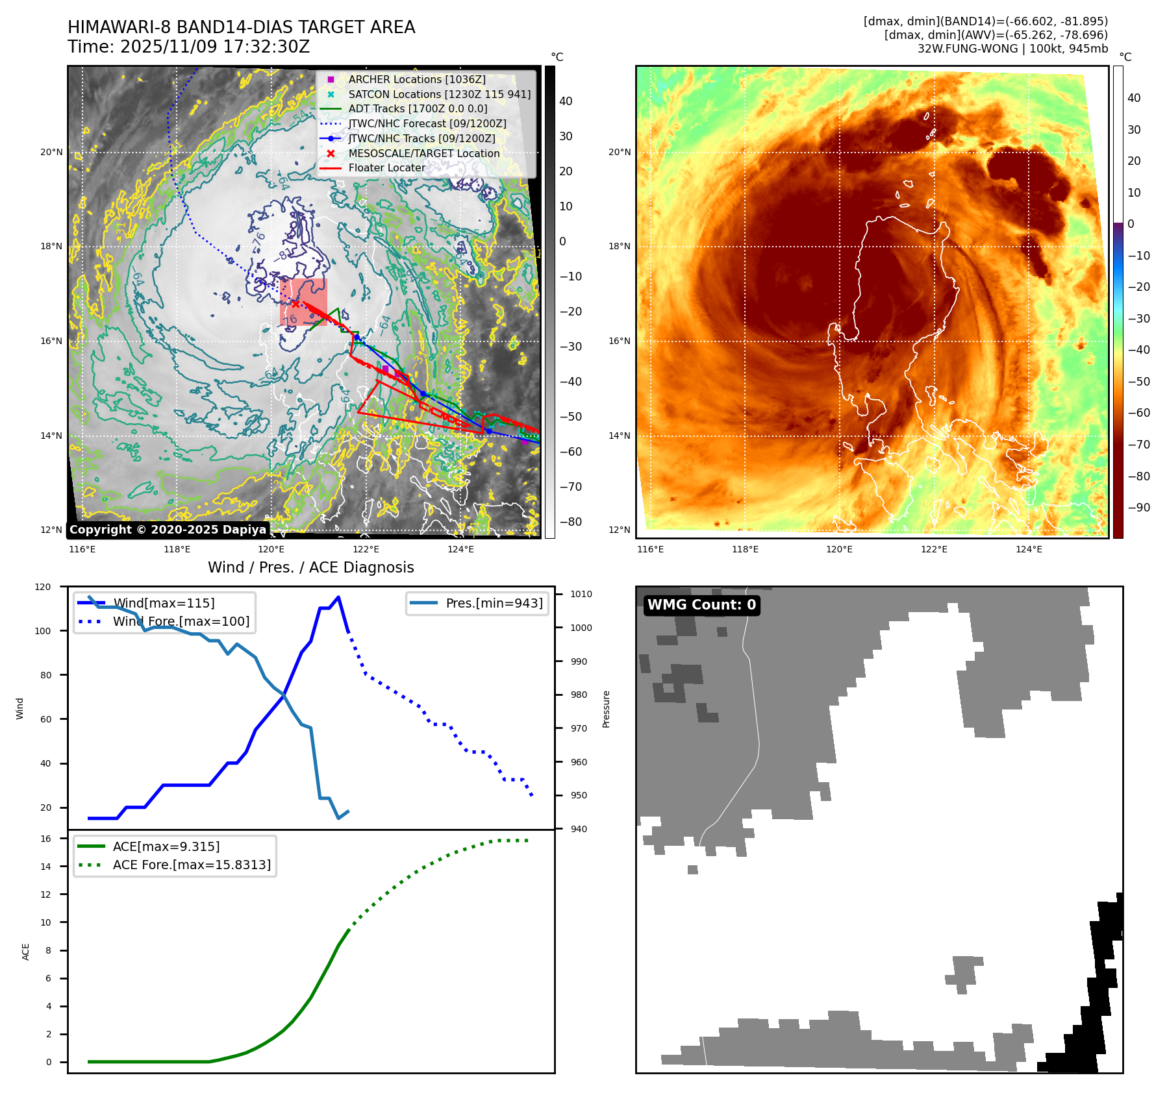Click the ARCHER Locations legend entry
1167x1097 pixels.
coord(416,79)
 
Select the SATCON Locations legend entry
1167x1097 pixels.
coord(439,94)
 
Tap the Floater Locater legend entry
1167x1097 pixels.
coord(386,167)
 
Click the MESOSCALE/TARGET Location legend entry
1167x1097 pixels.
coord(423,153)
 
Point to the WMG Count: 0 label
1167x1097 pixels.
coord(701,605)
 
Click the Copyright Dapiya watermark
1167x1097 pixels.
coord(168,530)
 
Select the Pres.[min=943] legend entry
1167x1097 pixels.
coord(494,603)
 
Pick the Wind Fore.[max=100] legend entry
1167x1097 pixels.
coord(181,621)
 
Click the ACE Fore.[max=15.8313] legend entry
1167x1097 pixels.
coord(192,865)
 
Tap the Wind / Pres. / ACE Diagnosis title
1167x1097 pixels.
coord(310,567)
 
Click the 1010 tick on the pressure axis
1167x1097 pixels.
coord(581,594)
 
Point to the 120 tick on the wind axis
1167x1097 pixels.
coord(43,587)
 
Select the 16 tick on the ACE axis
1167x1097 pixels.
coord(46,839)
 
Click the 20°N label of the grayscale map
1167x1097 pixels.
coord(52,153)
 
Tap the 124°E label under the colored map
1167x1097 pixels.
coord(1029,549)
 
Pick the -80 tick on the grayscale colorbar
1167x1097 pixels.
coord(571,522)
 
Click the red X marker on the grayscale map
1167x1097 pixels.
coord(295,304)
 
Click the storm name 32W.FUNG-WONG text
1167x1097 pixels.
coord(967,49)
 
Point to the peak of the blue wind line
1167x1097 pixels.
coord(338,597)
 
